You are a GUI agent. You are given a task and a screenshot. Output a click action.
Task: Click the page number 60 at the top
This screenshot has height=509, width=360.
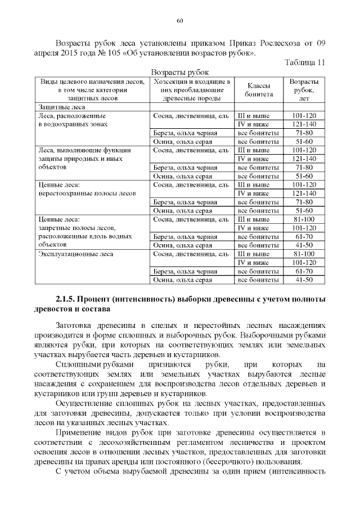pos(180,21)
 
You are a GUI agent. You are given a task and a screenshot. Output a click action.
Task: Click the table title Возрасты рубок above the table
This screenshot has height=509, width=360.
pos(180,73)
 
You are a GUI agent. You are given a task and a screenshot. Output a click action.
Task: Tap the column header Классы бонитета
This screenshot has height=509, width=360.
pos(258,90)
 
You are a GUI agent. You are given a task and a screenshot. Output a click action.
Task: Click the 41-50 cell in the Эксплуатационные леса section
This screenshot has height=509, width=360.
pos(304,279)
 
